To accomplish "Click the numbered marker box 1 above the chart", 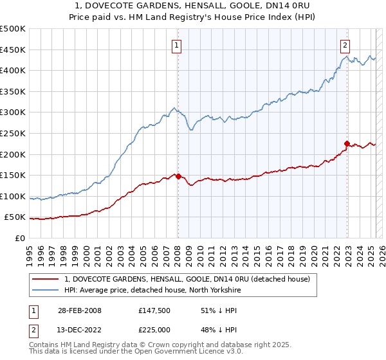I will pos(176,45).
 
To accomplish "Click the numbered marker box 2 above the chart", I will pos(345,45).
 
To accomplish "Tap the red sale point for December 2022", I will pos(347,143).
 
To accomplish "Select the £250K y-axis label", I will pos(14,133).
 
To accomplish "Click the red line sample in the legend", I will pos(46,279).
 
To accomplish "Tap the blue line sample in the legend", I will pos(46,290).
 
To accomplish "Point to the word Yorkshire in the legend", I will pos(221,290).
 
